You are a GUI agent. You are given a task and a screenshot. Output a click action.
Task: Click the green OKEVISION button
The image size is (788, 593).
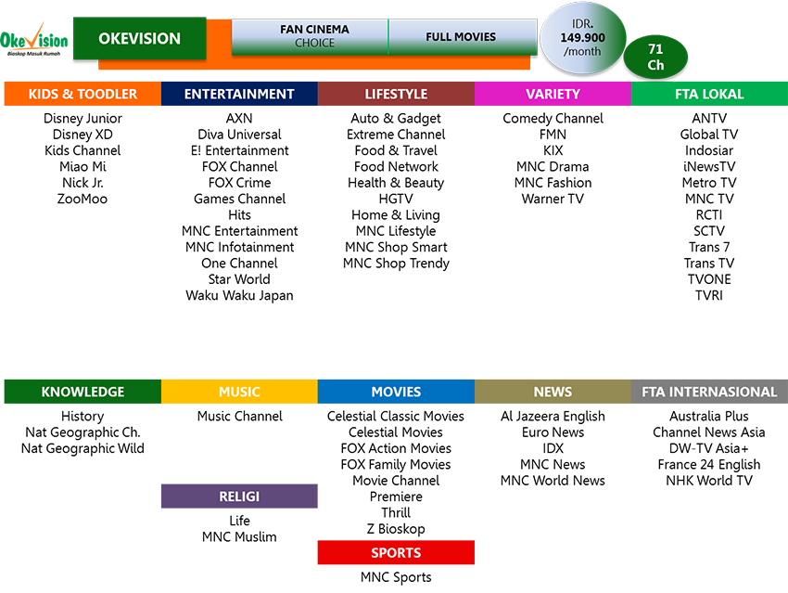pyautogui.click(x=139, y=39)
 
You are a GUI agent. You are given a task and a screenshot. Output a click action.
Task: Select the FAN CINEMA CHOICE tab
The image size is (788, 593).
pyautogui.click(x=309, y=36)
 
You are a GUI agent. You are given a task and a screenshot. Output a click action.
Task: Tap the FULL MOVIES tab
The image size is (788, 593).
pyautogui.click(x=461, y=37)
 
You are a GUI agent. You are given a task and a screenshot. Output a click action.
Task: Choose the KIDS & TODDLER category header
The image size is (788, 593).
pyautogui.click(x=83, y=94)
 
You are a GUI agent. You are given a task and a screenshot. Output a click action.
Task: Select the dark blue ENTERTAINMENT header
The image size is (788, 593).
pyautogui.click(x=239, y=94)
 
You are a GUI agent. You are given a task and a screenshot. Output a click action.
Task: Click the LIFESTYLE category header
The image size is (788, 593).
pyautogui.click(x=396, y=94)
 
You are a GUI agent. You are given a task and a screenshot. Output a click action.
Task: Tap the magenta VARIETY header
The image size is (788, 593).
pyautogui.click(x=553, y=94)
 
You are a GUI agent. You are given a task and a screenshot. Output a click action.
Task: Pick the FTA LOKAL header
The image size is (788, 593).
pyautogui.click(x=708, y=94)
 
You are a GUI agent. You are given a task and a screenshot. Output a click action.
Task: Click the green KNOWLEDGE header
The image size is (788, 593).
pyautogui.click(x=83, y=392)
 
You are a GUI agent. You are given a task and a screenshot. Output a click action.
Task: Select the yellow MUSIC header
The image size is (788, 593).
pyautogui.click(x=239, y=392)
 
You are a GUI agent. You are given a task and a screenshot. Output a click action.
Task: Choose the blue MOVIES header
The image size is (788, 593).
pyautogui.click(x=396, y=392)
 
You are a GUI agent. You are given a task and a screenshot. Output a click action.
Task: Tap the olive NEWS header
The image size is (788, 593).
pyautogui.click(x=553, y=392)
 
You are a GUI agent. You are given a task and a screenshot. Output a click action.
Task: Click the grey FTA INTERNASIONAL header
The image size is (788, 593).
pyautogui.click(x=709, y=392)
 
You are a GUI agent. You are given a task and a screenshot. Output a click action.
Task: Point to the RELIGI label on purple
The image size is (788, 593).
pyautogui.click(x=239, y=496)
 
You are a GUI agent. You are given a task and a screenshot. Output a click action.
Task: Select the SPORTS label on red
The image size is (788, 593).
pyautogui.click(x=396, y=552)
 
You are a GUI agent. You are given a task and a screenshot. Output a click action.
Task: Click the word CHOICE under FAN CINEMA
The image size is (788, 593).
pyautogui.click(x=314, y=44)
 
